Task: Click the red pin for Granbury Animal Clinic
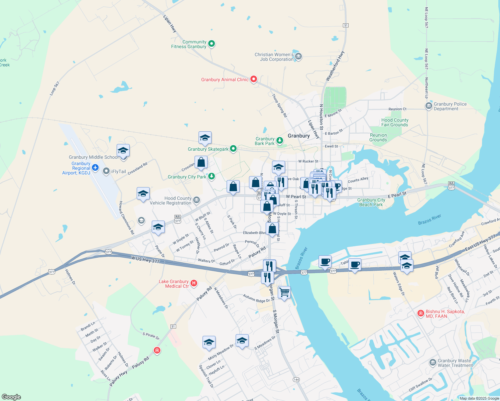coord(254,79)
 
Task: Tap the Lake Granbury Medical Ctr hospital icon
coord(194,284)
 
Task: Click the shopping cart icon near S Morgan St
coord(284,293)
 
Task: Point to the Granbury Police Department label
coord(450,106)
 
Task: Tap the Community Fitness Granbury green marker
coord(211,43)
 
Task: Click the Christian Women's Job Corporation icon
coord(298,56)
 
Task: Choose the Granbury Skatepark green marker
coord(233,149)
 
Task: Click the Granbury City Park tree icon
coord(211,176)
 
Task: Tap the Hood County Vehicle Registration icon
coord(197,200)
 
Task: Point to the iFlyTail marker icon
coord(106,171)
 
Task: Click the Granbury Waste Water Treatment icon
coord(432,363)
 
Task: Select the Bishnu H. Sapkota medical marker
coord(421,313)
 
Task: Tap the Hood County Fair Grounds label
coord(395,122)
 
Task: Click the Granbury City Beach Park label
coord(371,202)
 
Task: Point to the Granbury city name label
coord(298,136)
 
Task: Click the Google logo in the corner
coord(11,397)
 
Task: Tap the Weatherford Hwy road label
coord(335,66)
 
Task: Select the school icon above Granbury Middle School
coord(123,150)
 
